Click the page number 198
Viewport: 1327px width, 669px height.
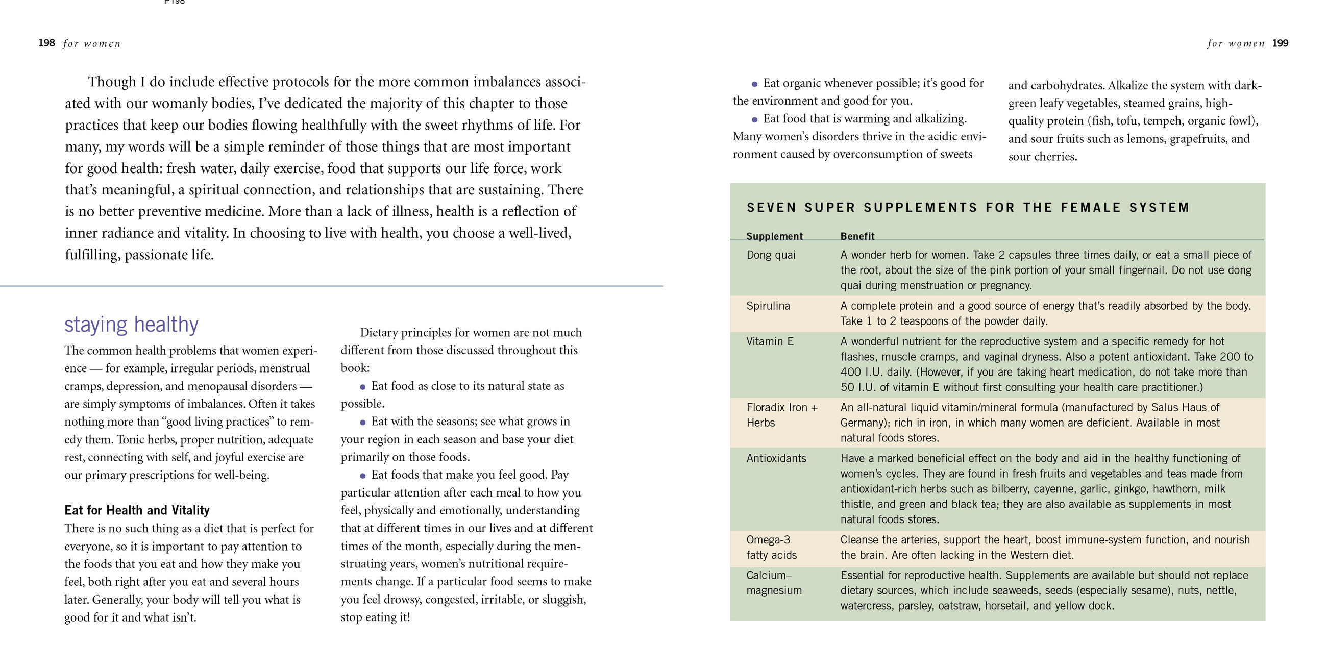coord(46,43)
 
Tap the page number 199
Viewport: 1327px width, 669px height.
coord(1280,43)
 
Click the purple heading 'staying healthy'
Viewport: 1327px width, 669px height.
coord(131,325)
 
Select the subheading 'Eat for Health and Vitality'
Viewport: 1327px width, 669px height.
coord(137,510)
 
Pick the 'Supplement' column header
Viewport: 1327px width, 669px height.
coord(774,236)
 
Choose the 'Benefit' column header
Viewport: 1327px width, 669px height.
coord(857,236)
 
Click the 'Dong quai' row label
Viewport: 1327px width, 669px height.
coord(771,255)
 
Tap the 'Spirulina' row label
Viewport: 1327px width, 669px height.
coord(768,306)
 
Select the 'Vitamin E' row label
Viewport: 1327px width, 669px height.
coord(770,341)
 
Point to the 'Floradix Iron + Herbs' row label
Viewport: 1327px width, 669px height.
coord(781,415)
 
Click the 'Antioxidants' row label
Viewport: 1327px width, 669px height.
coord(776,458)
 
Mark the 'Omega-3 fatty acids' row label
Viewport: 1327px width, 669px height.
coord(771,548)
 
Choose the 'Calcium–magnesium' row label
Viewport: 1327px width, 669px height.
coord(774,583)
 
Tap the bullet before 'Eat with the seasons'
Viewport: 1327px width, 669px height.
coord(363,423)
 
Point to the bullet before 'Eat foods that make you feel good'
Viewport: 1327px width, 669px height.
coord(363,476)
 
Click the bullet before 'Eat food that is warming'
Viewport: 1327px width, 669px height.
coord(755,119)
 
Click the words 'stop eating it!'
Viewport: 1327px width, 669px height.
coord(375,617)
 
